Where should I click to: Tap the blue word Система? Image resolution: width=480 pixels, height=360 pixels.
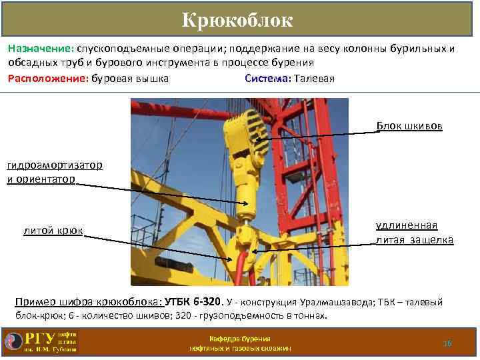[x=267, y=79]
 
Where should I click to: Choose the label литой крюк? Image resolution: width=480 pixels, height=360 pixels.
[x=53, y=231]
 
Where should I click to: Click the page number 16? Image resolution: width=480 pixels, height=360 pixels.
[x=447, y=343]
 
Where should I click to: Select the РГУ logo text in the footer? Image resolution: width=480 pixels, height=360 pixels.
[x=41, y=337]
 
